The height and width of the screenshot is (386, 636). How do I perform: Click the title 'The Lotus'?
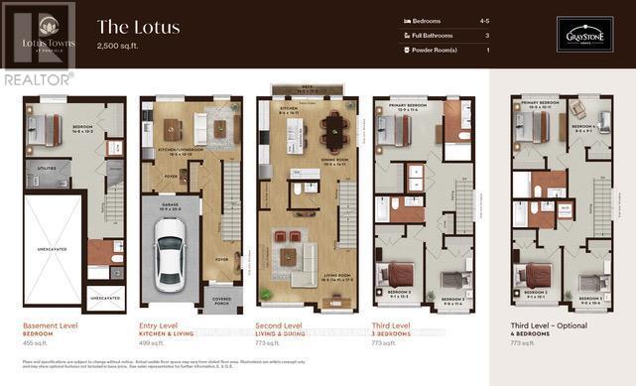pyautogui.click(x=138, y=27)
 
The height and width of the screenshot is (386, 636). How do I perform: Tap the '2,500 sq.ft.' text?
pyautogui.click(x=121, y=47)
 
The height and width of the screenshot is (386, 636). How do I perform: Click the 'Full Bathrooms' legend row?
pyautogui.click(x=444, y=35)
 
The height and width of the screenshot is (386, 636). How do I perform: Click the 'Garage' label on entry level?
pyautogui.click(x=170, y=206)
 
